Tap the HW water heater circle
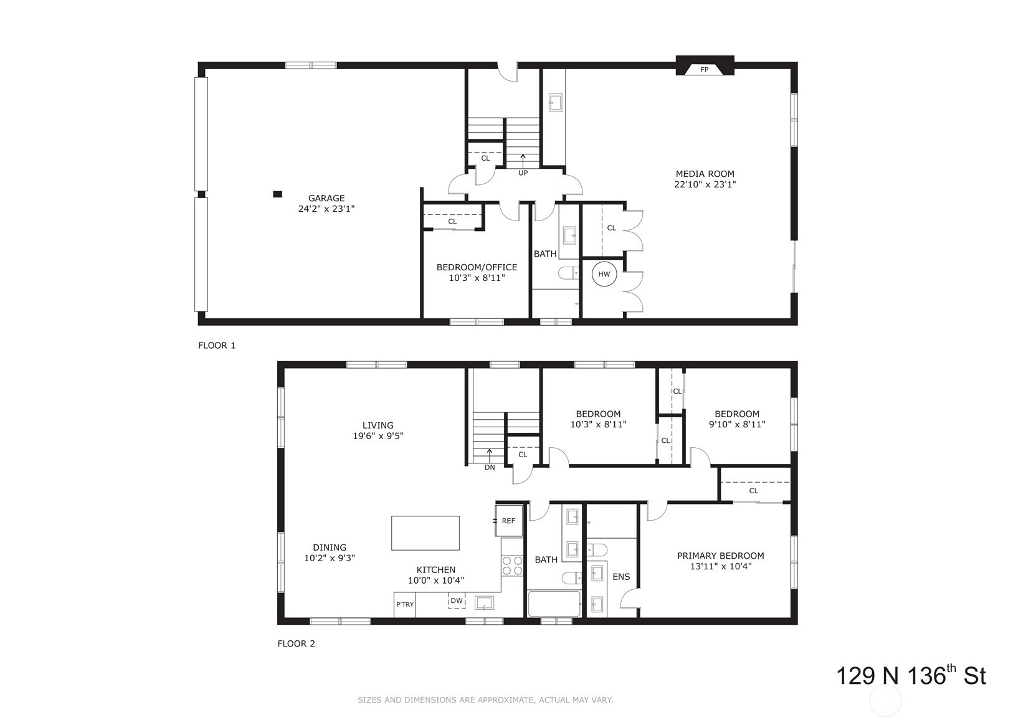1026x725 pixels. pos(604,274)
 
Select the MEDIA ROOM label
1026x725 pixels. pos(705,174)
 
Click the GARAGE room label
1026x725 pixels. pos(326,198)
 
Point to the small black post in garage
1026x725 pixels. pos(277,194)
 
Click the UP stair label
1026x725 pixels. pos(523,173)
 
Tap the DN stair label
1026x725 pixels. pos(490,468)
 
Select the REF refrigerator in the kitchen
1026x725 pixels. pos(509,520)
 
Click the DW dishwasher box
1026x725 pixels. pos(457,601)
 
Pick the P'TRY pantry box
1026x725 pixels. pos(404,605)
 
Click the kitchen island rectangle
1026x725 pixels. pos(425,533)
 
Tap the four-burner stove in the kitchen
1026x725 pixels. pos(512,565)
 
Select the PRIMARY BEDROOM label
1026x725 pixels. pos(721,556)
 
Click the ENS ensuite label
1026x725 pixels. pos(621,577)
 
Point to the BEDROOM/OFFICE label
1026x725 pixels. pos(477,267)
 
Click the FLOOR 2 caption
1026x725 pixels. pos(297,643)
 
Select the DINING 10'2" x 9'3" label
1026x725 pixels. pos(330,553)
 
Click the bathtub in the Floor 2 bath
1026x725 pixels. pos(554,604)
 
